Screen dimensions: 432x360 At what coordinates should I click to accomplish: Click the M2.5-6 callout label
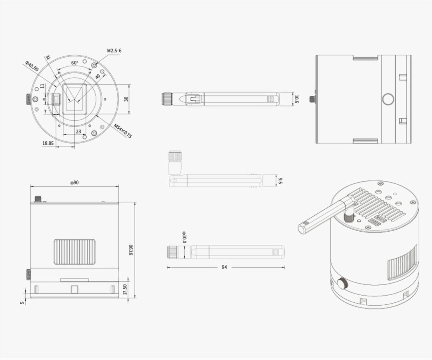(114, 51)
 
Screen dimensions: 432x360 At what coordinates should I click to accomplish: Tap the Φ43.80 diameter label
(32, 66)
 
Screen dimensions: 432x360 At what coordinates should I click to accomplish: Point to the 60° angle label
(75, 63)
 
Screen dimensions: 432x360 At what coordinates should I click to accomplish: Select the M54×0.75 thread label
(123, 130)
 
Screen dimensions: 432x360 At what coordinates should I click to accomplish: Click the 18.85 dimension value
(48, 143)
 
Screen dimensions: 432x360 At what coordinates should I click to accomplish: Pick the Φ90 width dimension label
(74, 183)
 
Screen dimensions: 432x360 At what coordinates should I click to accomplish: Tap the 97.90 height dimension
(131, 250)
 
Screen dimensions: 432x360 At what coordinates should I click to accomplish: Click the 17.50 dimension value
(125, 290)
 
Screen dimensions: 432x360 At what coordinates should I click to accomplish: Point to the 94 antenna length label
(224, 267)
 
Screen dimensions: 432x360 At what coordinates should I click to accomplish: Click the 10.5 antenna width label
(296, 99)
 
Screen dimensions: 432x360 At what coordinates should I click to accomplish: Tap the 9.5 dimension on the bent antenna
(280, 181)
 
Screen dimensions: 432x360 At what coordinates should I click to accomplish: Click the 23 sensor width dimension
(78, 131)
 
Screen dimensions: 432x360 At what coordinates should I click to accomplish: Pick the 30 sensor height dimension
(126, 99)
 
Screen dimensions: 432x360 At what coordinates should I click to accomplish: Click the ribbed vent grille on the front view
(75, 252)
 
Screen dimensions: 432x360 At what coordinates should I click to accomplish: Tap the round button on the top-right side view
(388, 99)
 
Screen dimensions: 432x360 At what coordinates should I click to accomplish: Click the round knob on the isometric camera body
(342, 284)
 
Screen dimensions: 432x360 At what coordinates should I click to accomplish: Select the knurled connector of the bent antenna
(175, 156)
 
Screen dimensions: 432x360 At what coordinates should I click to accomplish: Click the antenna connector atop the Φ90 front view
(38, 198)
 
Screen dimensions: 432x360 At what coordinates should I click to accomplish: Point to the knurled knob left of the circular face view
(29, 99)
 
